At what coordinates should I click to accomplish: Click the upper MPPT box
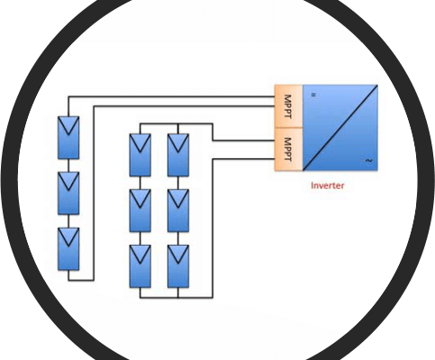point(288,106)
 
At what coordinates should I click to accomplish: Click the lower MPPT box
point(288,149)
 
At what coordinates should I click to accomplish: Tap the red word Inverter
point(328,185)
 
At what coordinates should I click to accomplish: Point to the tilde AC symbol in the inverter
point(368,160)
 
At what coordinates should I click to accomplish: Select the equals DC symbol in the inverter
point(313,94)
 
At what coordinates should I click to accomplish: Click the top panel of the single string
point(68,138)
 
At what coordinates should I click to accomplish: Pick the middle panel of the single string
point(68,193)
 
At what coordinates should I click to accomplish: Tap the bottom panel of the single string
point(68,248)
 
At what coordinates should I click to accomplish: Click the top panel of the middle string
point(140,155)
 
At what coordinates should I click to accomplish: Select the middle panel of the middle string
point(140,211)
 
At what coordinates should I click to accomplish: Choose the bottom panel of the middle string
point(140,266)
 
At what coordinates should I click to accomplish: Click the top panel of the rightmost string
point(178,155)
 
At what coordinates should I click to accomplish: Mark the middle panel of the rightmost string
point(178,211)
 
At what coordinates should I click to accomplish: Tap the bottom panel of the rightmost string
point(178,266)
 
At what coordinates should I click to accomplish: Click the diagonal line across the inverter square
point(340,128)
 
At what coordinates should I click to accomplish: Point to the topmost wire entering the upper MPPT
point(171,96)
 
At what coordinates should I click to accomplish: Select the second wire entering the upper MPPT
point(184,106)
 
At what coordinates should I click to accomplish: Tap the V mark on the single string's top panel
point(68,126)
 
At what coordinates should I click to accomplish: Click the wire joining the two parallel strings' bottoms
point(159,298)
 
